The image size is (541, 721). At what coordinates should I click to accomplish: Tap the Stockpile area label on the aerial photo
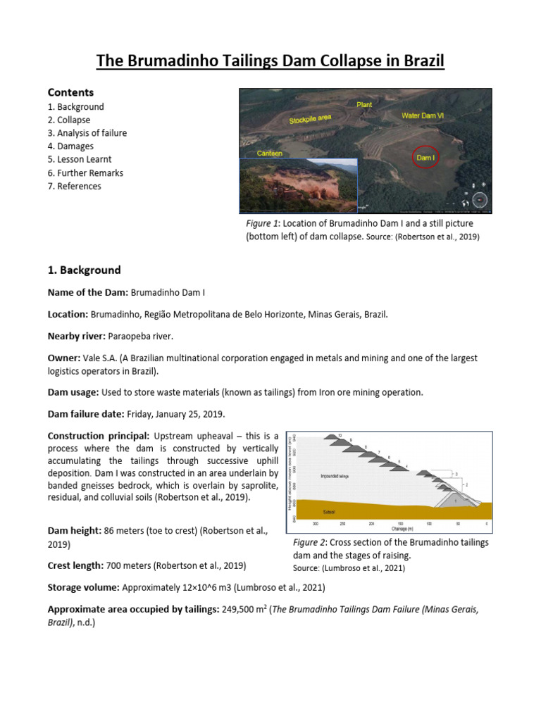click(x=310, y=119)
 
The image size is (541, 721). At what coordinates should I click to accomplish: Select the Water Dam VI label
click(x=427, y=115)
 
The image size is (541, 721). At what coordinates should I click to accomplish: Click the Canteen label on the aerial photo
click(x=270, y=153)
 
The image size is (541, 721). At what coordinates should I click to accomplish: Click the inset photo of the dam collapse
click(x=299, y=184)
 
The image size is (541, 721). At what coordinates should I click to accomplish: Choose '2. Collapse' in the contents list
click(x=69, y=120)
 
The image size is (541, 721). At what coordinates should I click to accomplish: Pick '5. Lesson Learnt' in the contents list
click(x=80, y=160)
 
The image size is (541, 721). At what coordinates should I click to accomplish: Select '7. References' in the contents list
click(x=74, y=186)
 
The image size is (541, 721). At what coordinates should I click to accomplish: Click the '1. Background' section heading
click(x=84, y=270)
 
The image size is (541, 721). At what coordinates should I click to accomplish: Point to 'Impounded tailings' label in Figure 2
click(x=335, y=476)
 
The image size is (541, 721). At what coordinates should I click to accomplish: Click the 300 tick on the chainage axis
click(x=316, y=524)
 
